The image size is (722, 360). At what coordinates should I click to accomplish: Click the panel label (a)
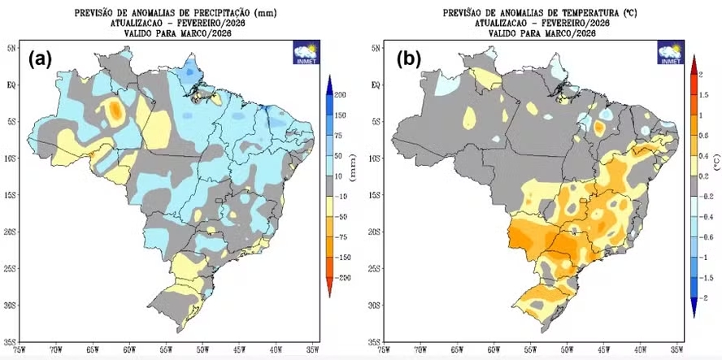tap(41, 59)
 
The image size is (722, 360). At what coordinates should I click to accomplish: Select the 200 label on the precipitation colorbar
tap(340, 95)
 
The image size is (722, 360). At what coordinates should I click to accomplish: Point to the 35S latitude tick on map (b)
tap(374, 342)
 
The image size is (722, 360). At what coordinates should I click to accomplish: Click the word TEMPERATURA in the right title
tap(564, 14)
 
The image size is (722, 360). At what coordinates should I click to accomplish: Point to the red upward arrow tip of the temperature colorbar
tap(693, 59)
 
